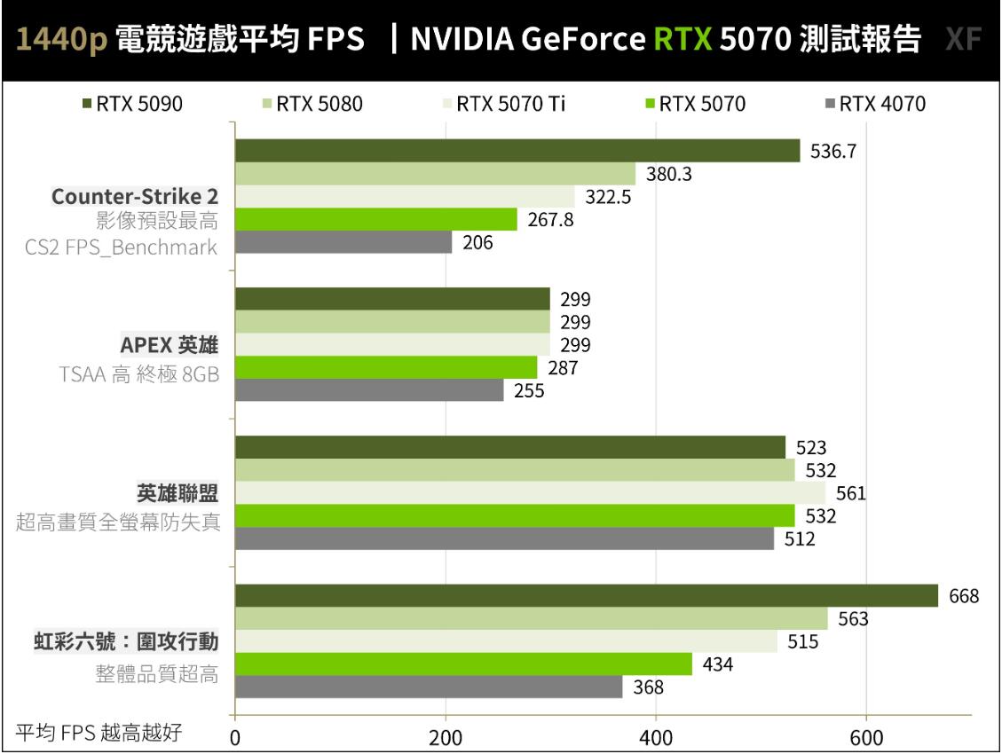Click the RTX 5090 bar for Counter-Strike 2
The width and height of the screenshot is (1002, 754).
517,151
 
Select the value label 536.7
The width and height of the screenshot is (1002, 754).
833,152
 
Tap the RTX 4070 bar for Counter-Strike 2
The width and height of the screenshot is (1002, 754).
343,242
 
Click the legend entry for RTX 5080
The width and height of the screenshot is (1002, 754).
318,104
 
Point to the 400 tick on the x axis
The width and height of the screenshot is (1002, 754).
655,738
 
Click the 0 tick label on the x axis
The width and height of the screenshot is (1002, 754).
235,738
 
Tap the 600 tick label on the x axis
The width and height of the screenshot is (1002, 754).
866,738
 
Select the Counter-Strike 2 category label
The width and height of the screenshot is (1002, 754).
135,197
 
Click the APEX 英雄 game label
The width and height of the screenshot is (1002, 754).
170,345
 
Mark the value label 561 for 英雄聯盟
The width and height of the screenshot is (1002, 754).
849,493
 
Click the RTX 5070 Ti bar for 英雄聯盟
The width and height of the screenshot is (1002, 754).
530,493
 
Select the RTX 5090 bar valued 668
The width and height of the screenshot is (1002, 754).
586,596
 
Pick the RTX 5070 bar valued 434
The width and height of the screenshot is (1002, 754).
463,664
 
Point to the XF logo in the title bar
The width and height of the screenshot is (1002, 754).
964,40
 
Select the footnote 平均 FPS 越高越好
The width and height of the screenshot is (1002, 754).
99,734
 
